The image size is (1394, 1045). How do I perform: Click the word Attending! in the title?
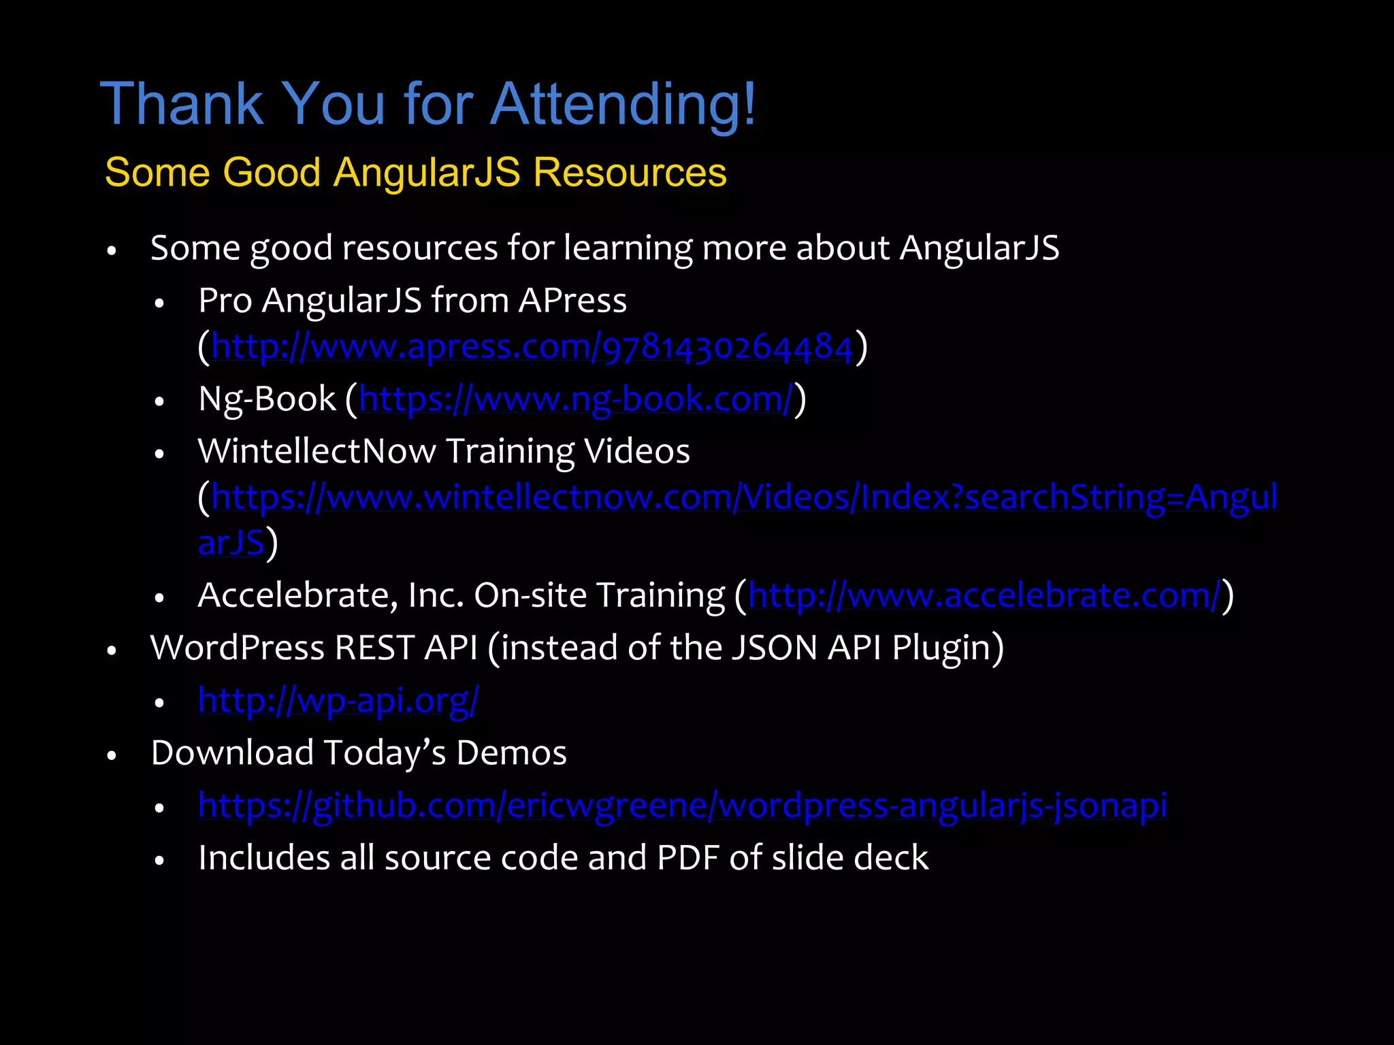(x=622, y=104)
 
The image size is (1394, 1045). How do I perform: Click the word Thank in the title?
(x=182, y=104)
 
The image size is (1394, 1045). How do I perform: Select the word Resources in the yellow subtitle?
(x=630, y=171)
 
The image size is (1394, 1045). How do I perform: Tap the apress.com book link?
(x=532, y=347)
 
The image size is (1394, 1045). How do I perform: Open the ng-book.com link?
(x=576, y=399)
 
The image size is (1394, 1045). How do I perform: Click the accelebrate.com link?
(x=984, y=595)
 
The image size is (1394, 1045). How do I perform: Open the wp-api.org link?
(x=338, y=700)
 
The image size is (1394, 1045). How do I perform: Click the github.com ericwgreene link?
(x=683, y=805)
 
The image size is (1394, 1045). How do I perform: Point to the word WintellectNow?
(x=317, y=451)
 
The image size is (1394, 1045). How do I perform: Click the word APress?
(x=572, y=300)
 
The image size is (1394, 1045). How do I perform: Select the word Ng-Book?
(x=267, y=399)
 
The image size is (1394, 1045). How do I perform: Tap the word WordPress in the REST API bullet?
(x=237, y=648)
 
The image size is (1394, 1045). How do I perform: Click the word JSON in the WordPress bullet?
(x=774, y=648)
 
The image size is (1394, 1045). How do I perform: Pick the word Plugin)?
(x=947, y=648)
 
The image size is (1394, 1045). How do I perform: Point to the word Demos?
(x=511, y=752)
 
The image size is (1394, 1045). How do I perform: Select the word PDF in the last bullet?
(x=688, y=857)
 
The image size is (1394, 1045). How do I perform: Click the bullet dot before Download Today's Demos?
(x=112, y=755)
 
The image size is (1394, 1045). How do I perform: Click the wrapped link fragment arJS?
(x=231, y=543)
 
